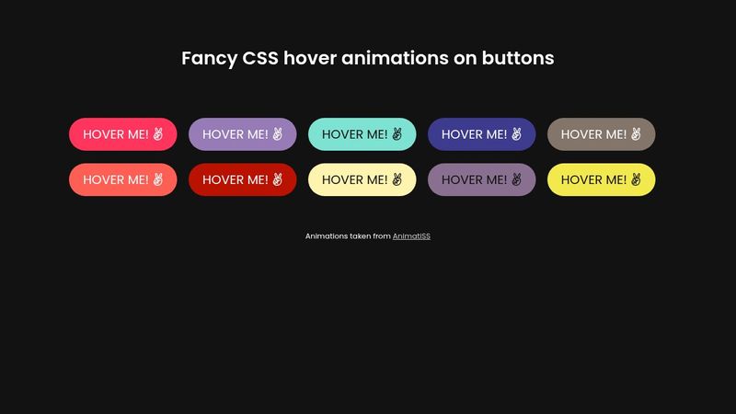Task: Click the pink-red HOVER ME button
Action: point(122,134)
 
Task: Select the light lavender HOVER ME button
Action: point(242,134)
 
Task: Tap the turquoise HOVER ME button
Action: point(362,134)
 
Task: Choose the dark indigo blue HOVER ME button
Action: point(481,134)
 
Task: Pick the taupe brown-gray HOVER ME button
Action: point(601,134)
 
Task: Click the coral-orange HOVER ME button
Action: point(122,179)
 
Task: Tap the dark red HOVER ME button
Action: point(242,179)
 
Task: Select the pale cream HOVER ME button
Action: point(362,179)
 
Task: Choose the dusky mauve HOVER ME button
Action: point(481,179)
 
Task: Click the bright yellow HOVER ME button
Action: point(601,179)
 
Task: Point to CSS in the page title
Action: point(260,58)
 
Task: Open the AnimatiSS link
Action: point(411,236)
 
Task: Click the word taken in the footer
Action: point(361,236)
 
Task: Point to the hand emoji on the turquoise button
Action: point(397,134)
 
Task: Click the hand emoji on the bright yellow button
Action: point(636,179)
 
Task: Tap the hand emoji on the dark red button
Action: point(277,179)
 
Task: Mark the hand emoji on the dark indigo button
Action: point(516,134)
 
